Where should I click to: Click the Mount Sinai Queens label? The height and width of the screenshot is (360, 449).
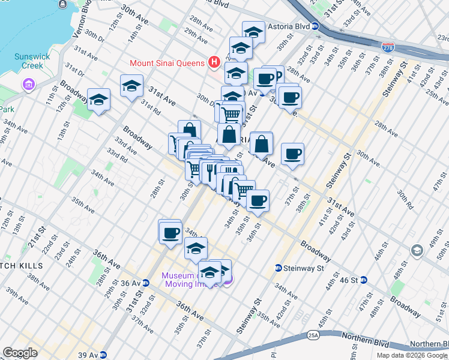(x=167, y=62)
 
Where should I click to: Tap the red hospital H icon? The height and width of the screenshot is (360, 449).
(x=212, y=62)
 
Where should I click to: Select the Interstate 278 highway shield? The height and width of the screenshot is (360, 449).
(x=388, y=45)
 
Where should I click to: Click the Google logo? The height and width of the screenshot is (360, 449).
(x=20, y=353)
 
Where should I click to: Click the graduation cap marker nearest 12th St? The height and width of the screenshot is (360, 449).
(x=98, y=100)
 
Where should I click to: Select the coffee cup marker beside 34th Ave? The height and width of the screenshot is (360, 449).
(x=170, y=232)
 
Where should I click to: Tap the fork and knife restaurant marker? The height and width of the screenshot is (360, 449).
(x=210, y=172)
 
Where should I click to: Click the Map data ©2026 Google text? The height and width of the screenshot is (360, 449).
(x=411, y=355)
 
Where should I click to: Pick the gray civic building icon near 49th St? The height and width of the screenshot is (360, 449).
(x=416, y=250)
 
